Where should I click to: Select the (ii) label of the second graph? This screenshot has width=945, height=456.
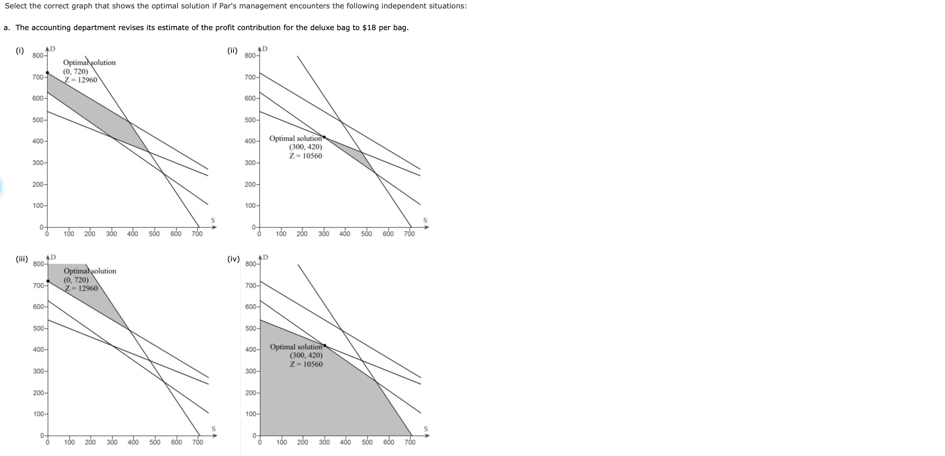point(232,51)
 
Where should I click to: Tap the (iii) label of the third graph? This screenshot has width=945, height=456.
point(22,259)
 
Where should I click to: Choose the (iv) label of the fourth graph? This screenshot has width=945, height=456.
point(233,259)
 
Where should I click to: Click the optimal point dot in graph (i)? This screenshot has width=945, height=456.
point(47,73)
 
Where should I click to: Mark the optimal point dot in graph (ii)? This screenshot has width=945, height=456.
point(324,137)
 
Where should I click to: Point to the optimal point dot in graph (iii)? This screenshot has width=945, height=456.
point(48,281)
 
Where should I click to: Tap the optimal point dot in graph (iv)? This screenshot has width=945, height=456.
point(325,345)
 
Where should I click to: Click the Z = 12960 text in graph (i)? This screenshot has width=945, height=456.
point(81,80)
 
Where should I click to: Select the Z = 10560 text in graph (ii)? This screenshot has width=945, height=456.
point(305,156)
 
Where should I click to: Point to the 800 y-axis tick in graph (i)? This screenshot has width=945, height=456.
point(37,56)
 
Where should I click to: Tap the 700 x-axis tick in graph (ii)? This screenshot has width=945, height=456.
point(409,234)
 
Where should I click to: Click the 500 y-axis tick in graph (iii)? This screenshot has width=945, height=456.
point(38,328)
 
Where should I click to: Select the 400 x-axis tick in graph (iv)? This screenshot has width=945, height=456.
point(345,442)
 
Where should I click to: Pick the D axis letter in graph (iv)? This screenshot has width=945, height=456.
point(266,257)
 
